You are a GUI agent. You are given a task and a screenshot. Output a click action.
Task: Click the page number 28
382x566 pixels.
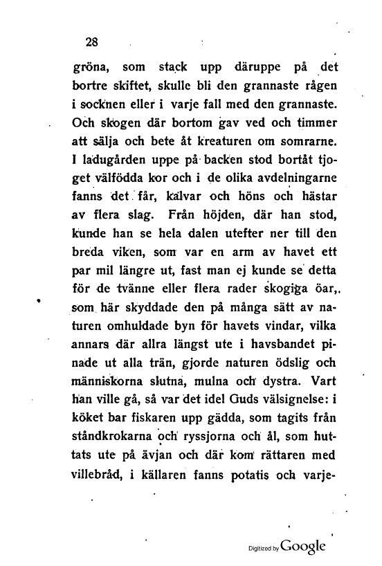click(91, 40)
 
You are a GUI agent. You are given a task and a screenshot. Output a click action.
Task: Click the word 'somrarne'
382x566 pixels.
click(306, 144)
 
